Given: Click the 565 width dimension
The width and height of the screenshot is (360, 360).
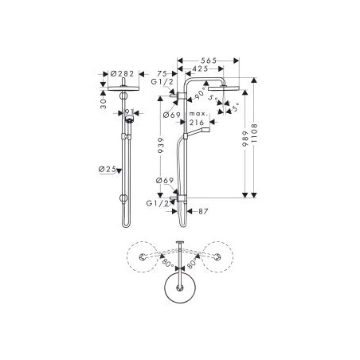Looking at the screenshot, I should point(208,60).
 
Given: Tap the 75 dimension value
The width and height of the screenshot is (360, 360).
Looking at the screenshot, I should point(161,71).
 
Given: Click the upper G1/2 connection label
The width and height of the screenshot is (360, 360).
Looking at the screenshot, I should point(160,82).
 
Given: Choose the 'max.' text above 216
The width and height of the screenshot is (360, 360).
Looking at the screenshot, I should point(198,115).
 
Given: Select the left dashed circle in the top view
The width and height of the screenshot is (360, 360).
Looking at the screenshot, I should point(143,257).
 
